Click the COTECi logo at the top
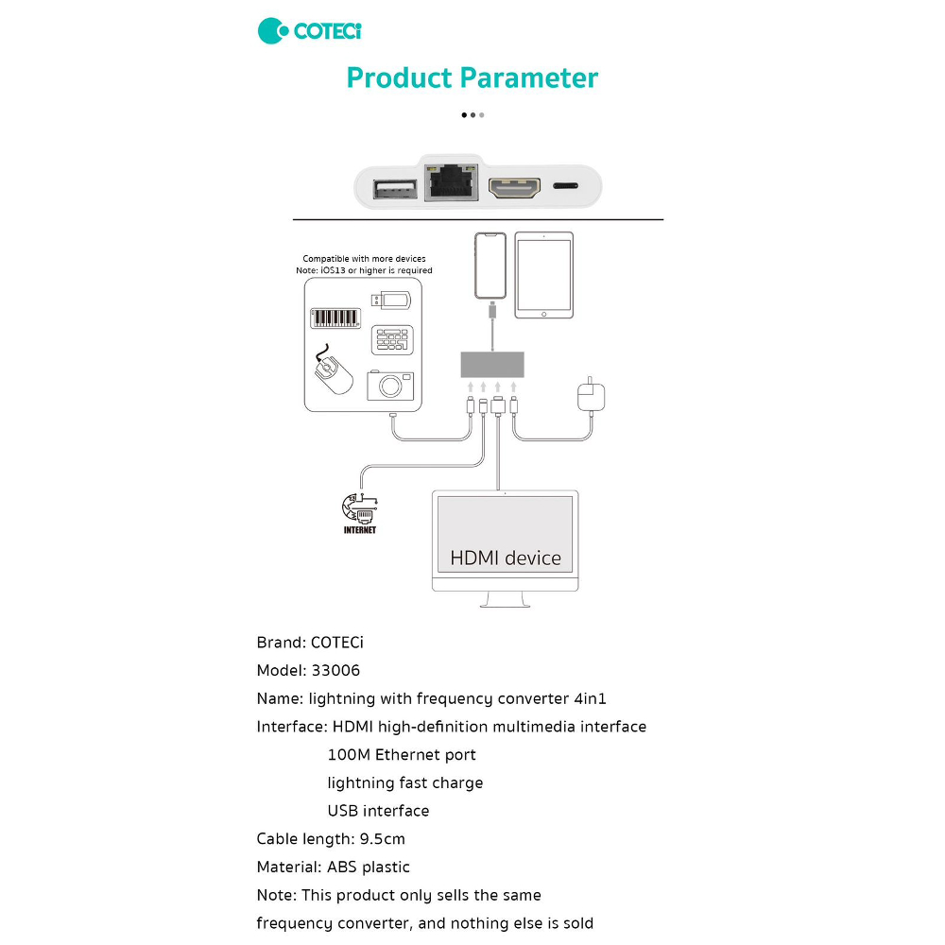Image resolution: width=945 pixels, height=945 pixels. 310,30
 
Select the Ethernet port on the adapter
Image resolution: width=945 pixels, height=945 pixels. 453,183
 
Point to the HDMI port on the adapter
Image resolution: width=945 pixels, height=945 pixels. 514,187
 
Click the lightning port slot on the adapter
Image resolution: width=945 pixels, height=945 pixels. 567,187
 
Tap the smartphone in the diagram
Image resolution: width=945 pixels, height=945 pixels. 490,266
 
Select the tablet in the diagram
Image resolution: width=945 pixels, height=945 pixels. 543,276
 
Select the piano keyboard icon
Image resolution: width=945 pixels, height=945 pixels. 336,318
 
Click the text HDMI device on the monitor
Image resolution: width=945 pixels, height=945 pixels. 506,558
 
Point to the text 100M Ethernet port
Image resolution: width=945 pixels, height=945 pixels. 402,755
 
